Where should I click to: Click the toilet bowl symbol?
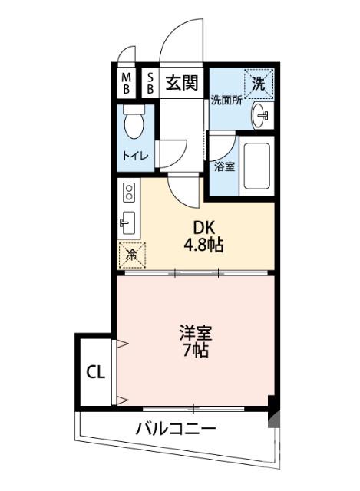click(135, 123)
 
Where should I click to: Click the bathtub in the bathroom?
click(256, 166)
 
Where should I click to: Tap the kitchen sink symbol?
click(127, 223)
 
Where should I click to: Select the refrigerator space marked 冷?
click(131, 254)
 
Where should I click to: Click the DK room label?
click(203, 228)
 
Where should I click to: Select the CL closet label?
click(95, 374)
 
